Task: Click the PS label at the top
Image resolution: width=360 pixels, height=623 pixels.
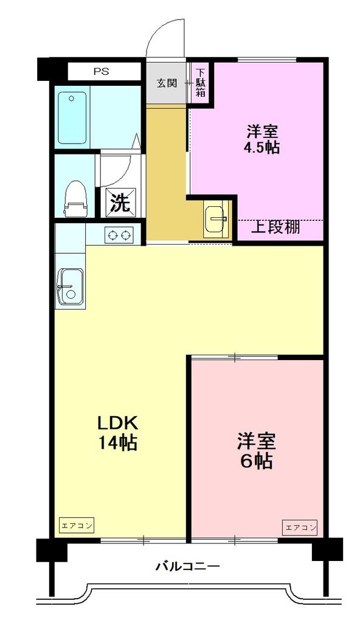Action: pos(101,71)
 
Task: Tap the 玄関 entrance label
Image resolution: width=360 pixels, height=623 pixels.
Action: pos(167,83)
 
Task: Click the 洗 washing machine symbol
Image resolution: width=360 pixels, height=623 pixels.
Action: pos(120,203)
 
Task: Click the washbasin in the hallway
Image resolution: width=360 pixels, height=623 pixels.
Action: pos(215,217)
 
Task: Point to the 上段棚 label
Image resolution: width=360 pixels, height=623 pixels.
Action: pos(275,228)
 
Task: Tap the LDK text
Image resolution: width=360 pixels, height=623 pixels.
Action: pos(120,422)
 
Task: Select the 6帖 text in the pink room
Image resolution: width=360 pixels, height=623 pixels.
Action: pos(256,461)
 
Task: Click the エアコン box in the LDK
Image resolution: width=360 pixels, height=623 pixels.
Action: pos(76,525)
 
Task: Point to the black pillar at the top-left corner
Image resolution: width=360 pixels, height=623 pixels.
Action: pos(47,68)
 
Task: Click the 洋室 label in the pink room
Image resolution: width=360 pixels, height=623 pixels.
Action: pos(256,440)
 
